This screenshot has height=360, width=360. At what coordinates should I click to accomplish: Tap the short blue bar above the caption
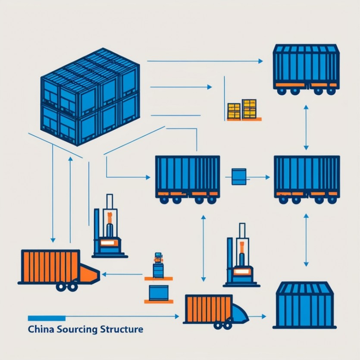[x=47, y=318]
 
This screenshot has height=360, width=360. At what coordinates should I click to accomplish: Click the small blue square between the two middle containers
[x=238, y=177]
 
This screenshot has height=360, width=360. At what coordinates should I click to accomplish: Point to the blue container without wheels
[x=305, y=305]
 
